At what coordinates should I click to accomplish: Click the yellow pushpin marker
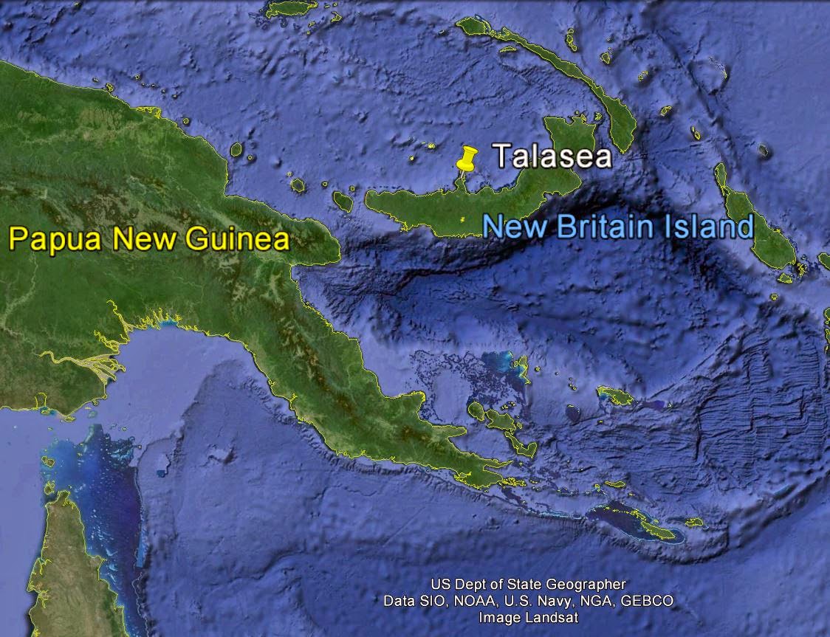click(x=465, y=158)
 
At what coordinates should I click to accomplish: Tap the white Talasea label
click(x=552, y=156)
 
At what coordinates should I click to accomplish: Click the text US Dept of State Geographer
click(x=528, y=585)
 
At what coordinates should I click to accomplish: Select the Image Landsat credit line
click(x=528, y=617)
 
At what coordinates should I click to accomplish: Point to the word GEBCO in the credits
click(x=646, y=601)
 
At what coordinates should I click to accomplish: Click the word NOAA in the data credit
click(x=469, y=601)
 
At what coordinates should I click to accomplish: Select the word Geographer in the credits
click(x=589, y=585)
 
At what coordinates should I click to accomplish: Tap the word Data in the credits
click(x=398, y=601)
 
